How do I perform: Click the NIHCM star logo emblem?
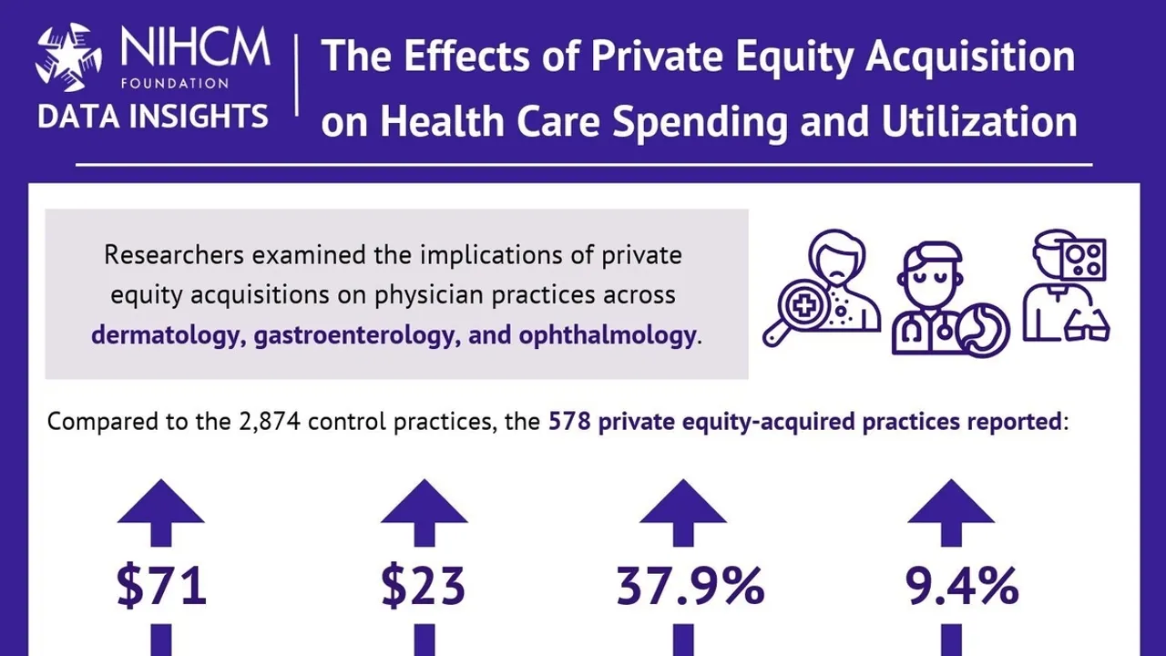coord(68,58)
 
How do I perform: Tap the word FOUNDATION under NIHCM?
coord(174,83)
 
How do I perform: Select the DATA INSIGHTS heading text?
coord(153,117)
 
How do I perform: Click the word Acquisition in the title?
coord(971,56)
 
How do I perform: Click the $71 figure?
coord(161,586)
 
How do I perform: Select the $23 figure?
coord(424,586)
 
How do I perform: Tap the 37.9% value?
coord(690,586)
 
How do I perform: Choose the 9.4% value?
coord(962,586)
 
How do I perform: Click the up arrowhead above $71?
coord(161,504)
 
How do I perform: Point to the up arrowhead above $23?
coord(424,504)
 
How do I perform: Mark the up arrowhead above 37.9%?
coord(683,504)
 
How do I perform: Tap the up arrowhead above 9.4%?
coord(951,504)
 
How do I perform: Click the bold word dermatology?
coord(169,335)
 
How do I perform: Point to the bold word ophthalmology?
coord(607,335)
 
